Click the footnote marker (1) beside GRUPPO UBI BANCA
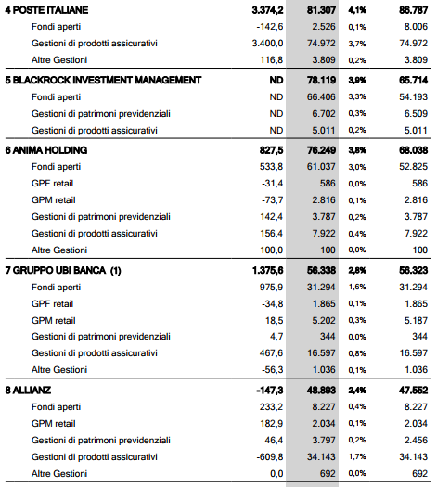pyautogui.click(x=116, y=271)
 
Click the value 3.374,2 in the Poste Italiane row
pyautogui.click(x=267, y=10)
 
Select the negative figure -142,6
pyautogui.click(x=270, y=27)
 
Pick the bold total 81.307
pyautogui.click(x=321, y=10)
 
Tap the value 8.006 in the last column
pyautogui.click(x=416, y=27)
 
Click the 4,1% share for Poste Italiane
pyautogui.click(x=357, y=10)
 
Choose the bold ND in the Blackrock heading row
pyautogui.click(x=276, y=80)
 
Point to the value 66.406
pyautogui.click(x=321, y=96)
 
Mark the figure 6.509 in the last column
pyautogui.click(x=416, y=114)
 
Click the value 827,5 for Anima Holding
pyautogui.click(x=272, y=150)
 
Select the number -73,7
pyautogui.click(x=273, y=200)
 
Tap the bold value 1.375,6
pyautogui.click(x=268, y=271)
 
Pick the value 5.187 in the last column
pyautogui.click(x=416, y=321)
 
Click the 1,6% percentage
pyautogui.click(x=357, y=288)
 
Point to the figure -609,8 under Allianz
pyautogui.click(x=270, y=457)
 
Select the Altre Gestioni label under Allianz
pyautogui.click(x=59, y=474)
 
